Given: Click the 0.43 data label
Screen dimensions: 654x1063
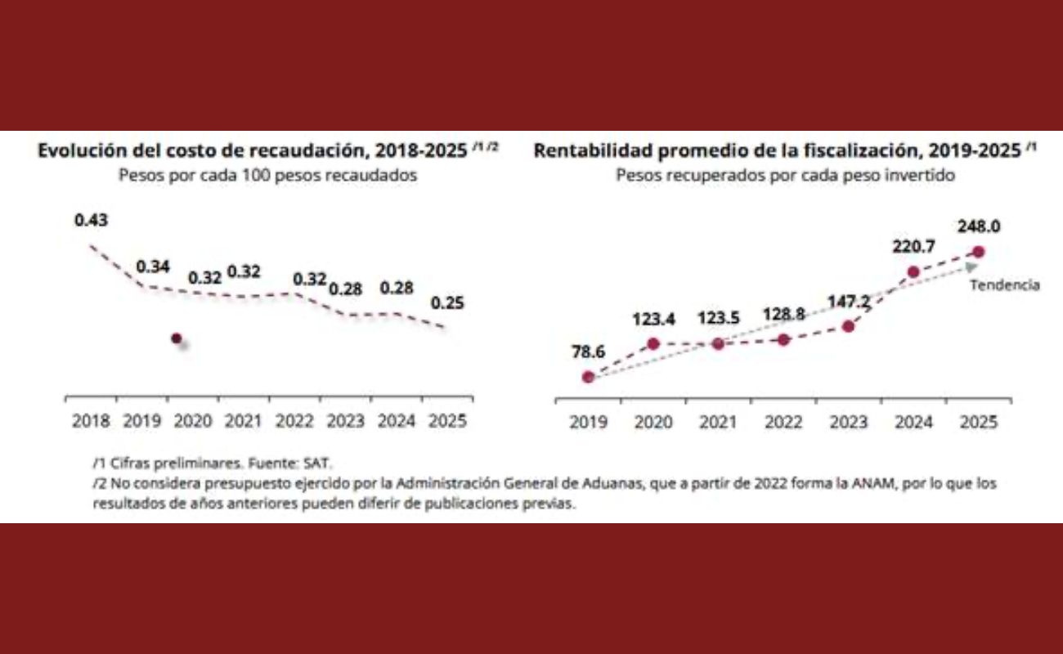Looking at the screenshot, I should click(91, 221).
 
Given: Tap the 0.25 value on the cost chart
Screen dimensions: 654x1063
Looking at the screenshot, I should click(446, 303).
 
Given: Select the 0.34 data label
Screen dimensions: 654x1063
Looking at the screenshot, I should click(153, 267).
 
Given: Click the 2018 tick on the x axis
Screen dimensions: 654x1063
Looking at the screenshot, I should click(91, 422).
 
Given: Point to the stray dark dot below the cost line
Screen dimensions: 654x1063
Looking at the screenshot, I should click(176, 338).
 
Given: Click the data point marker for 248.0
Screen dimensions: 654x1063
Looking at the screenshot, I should click(979, 252).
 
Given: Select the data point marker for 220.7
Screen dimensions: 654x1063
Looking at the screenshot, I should click(913, 272).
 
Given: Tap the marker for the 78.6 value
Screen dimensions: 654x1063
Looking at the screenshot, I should click(587, 377).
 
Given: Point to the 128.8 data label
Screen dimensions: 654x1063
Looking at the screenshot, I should click(783, 315).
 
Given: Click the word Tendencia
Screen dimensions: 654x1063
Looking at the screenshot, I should click(1004, 285).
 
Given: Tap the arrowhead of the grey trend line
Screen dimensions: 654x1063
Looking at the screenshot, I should click(971, 266).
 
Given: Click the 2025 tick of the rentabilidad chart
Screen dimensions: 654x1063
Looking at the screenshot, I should click(979, 423).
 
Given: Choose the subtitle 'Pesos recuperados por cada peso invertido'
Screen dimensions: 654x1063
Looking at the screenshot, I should click(785, 176).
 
